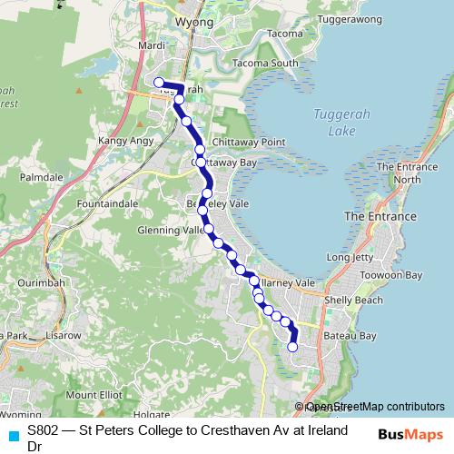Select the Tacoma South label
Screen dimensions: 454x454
[264, 64]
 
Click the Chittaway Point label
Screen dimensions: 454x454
[248, 143]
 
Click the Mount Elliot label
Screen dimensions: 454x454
[94, 395]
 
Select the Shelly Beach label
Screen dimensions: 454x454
[353, 300]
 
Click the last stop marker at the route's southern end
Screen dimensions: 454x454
[292, 347]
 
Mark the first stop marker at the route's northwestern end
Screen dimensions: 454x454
[159, 83]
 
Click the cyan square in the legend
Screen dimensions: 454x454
[14, 435]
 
